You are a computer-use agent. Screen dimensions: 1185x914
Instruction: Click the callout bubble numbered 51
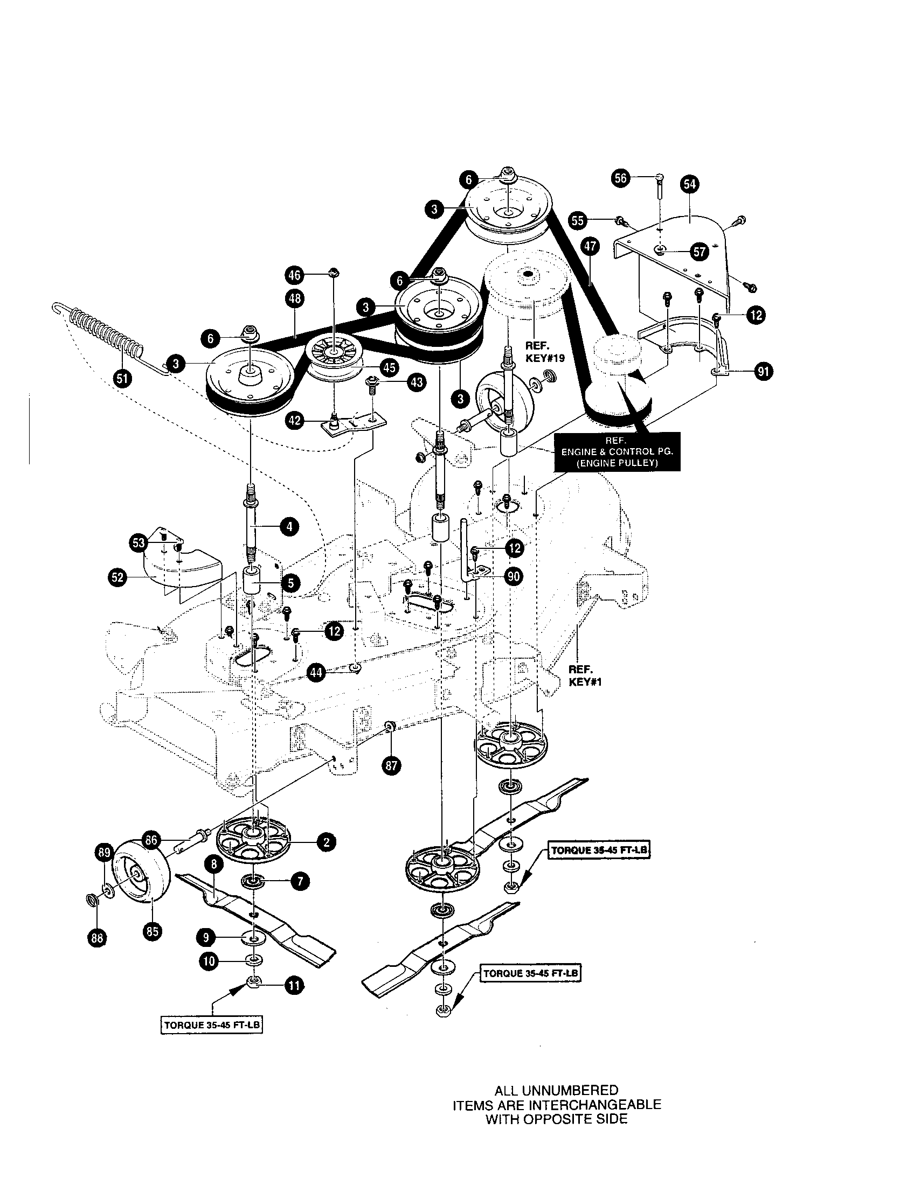123,378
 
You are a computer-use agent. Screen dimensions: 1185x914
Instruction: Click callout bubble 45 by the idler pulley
389,367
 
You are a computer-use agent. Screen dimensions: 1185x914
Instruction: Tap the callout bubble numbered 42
295,421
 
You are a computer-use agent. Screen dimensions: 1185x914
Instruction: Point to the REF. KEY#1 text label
585,675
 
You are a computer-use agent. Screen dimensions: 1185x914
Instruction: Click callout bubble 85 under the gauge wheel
153,932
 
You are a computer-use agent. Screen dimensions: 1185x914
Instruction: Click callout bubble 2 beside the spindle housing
326,841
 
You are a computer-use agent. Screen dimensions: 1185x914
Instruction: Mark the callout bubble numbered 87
392,765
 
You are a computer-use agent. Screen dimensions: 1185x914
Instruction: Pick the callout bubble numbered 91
764,372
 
